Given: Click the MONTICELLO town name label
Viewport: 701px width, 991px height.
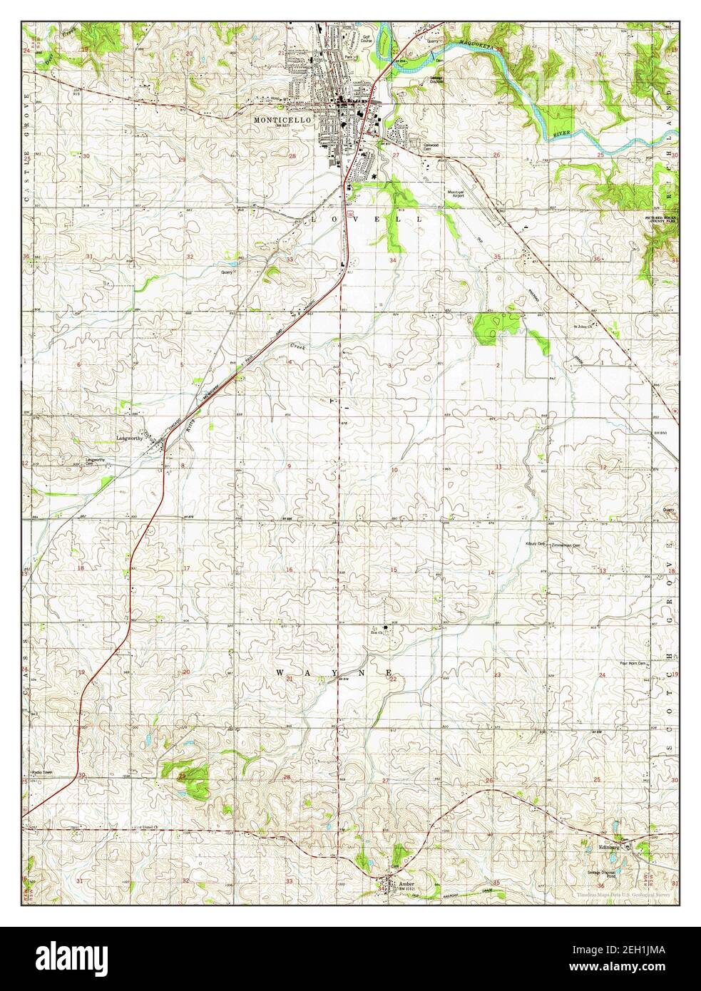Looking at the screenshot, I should [x=283, y=120].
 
